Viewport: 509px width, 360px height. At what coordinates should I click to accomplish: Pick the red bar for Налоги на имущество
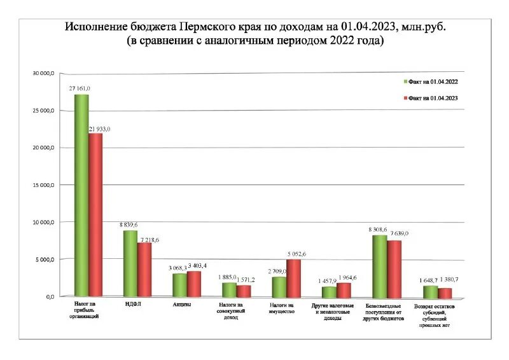pyautogui.click(x=293, y=278)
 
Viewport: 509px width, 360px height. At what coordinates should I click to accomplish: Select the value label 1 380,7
pyautogui.click(x=454, y=279)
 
